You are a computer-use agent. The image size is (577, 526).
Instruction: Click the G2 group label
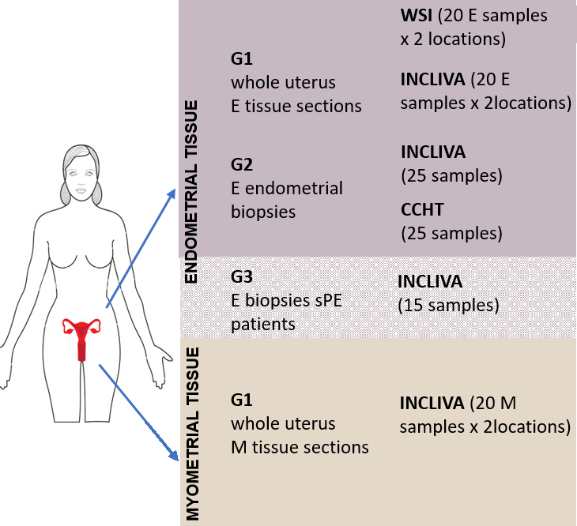pos(242,167)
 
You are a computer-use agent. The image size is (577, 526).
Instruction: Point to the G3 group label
pos(242,279)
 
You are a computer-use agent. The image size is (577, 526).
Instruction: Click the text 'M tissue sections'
pos(300,447)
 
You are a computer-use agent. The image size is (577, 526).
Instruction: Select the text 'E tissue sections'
pos(296,106)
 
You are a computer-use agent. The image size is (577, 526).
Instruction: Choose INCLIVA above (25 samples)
pos(433,151)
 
